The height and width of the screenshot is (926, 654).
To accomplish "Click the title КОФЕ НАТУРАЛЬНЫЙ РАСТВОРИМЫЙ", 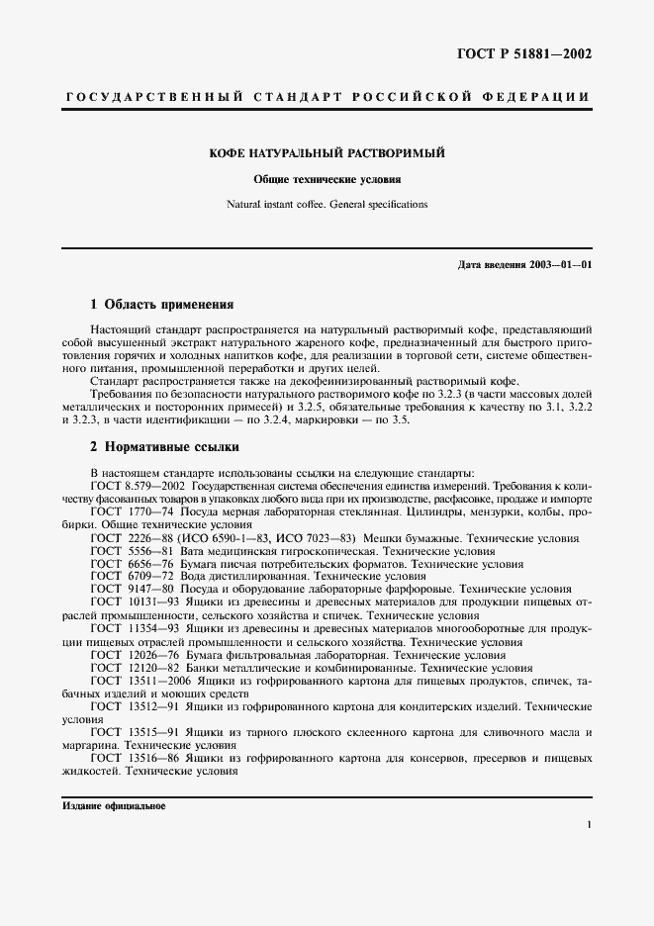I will point(327,154).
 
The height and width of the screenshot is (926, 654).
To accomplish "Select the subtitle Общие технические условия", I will point(327,181).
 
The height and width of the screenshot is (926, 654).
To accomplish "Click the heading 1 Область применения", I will point(161,304).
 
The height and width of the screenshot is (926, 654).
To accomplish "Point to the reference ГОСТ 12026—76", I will point(136,655).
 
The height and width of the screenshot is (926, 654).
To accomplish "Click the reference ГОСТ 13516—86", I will point(136,758).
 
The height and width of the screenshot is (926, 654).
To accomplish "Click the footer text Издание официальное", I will point(114,806).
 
